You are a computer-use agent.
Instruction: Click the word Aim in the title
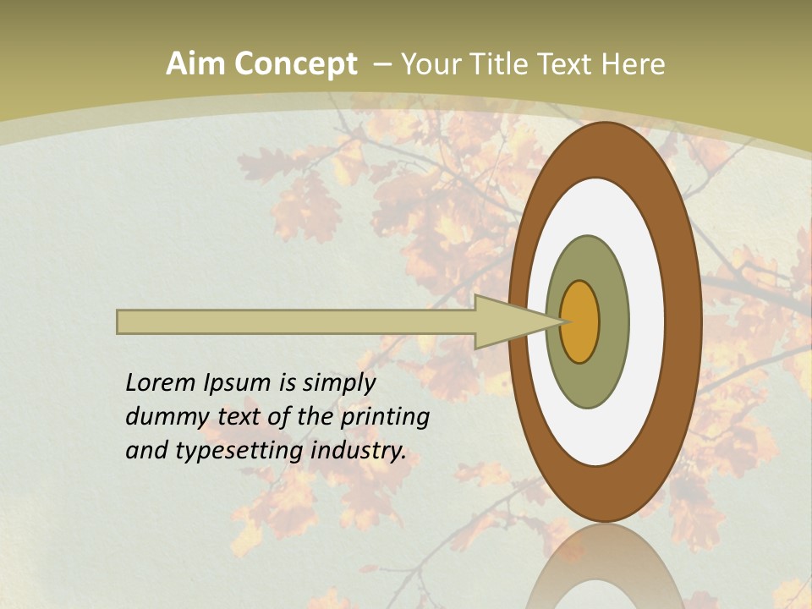(x=196, y=64)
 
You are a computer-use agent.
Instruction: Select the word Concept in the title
(x=295, y=65)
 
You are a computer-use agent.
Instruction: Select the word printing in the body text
(x=385, y=418)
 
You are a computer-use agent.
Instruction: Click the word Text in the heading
(x=567, y=64)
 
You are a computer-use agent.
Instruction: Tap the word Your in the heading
(x=429, y=64)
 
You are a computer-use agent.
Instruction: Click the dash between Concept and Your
(x=381, y=65)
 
